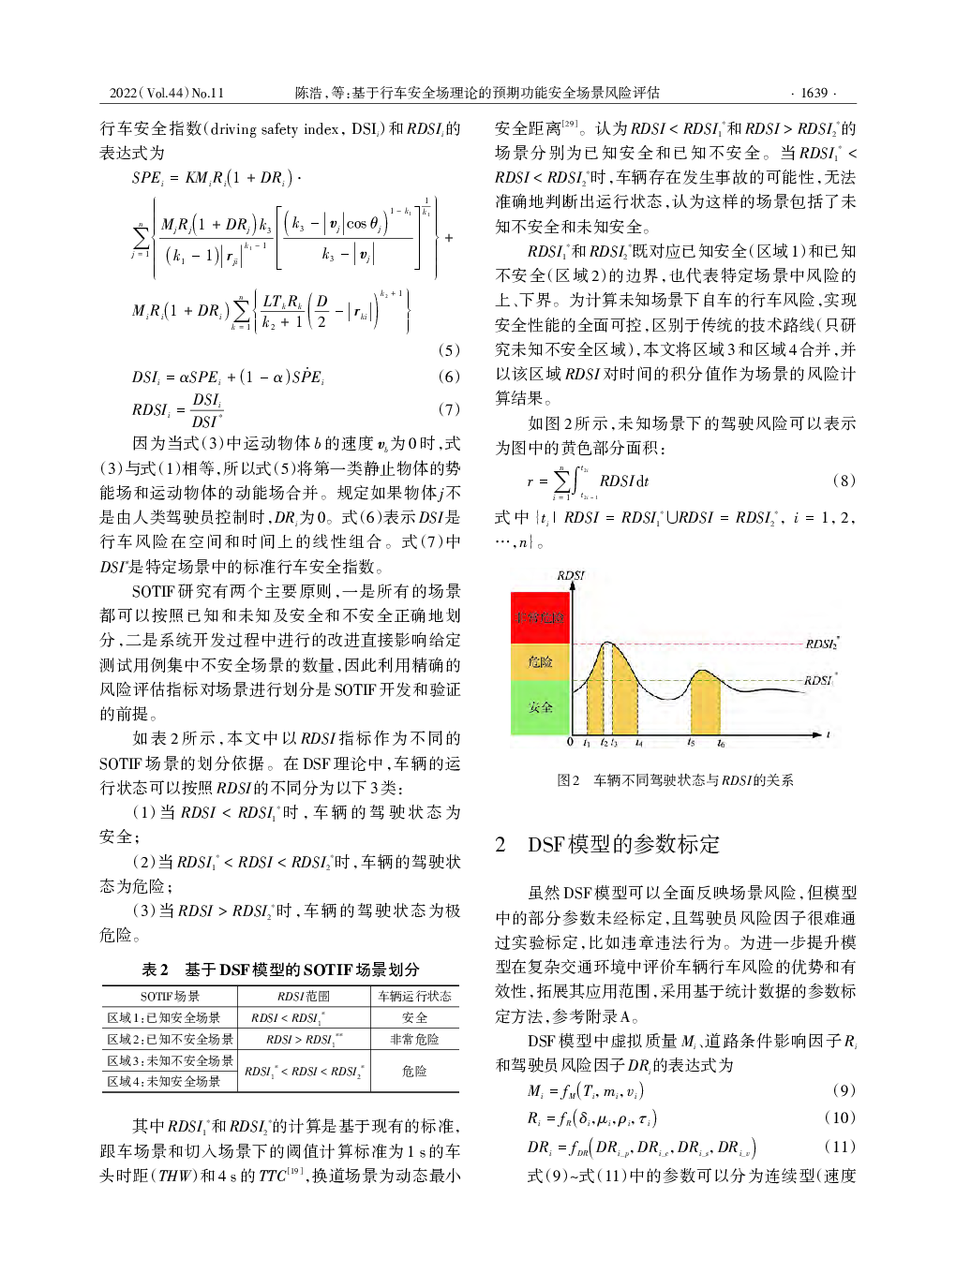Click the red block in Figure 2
tap(540, 617)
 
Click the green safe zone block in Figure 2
tap(540, 707)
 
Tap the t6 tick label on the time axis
tap(721, 743)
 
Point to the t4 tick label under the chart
tap(638, 743)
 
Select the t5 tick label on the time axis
tap(691, 743)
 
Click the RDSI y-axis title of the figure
tap(570, 575)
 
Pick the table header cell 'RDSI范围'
tap(303, 996)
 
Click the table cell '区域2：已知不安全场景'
tap(170, 1039)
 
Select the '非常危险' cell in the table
tap(414, 1039)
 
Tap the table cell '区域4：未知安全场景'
tap(164, 1081)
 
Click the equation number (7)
tap(449, 409)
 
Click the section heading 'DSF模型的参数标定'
tap(623, 844)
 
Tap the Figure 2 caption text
tap(675, 779)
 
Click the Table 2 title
tap(280, 970)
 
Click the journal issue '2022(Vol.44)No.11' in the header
tap(167, 93)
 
